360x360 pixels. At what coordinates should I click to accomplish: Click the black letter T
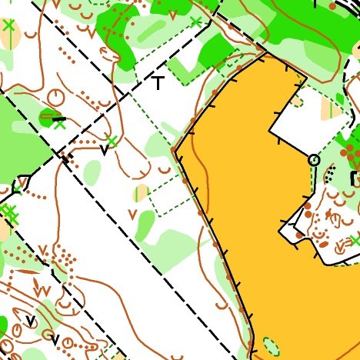pos(158,82)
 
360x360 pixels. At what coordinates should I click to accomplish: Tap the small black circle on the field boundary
pos(313,160)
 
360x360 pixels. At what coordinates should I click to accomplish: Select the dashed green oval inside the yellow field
pos(270,345)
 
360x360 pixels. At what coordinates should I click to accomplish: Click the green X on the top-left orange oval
pos(8,25)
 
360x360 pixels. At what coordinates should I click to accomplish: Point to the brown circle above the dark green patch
pos(55,96)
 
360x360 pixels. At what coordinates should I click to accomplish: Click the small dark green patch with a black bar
pos(51,118)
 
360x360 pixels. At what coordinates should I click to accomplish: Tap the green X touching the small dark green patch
pos(60,123)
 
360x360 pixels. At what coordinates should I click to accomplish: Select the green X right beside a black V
pos(112,141)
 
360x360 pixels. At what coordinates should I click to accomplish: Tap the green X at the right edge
pos(355,242)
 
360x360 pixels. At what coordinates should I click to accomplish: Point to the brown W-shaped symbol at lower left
pos(44,289)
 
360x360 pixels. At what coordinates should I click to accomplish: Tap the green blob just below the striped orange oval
pos(145,225)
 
